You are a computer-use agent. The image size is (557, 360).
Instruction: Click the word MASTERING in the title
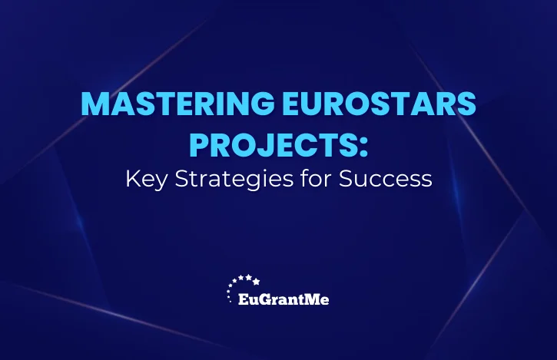tap(178, 104)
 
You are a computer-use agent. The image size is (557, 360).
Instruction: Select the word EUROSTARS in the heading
tap(379, 104)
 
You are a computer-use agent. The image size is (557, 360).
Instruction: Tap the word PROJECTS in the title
tap(273, 145)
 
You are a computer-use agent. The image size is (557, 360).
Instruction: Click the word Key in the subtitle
tap(146, 180)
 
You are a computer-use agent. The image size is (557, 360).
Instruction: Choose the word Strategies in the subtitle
tap(234, 180)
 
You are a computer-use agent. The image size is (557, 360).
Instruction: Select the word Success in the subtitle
tap(386, 179)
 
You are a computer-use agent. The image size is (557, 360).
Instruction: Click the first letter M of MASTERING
tap(94, 104)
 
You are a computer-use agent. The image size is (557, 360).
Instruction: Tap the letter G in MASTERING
tap(263, 104)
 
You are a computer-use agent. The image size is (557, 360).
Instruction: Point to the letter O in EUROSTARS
tap(356, 104)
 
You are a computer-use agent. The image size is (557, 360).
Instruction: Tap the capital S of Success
tap(345, 179)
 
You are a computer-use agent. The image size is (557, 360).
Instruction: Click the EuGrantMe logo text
tap(283, 299)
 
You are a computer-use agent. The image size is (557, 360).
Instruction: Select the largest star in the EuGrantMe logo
tap(256, 282)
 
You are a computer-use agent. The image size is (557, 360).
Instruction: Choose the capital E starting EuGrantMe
tap(242, 299)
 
